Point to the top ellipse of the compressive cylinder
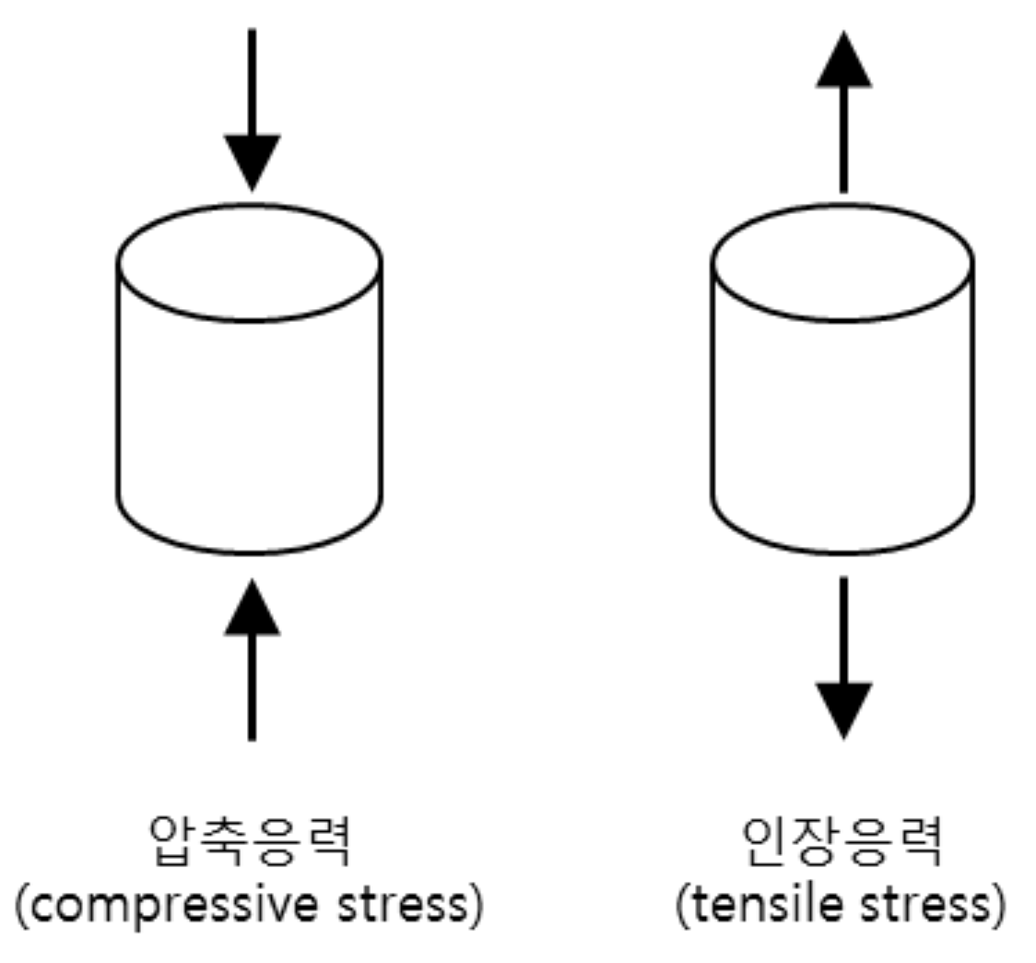[250, 262]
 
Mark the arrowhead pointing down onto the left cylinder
[252, 162]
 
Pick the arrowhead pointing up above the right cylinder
[843, 59]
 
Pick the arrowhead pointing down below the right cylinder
[843, 710]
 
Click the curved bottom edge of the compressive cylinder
[250, 552]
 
